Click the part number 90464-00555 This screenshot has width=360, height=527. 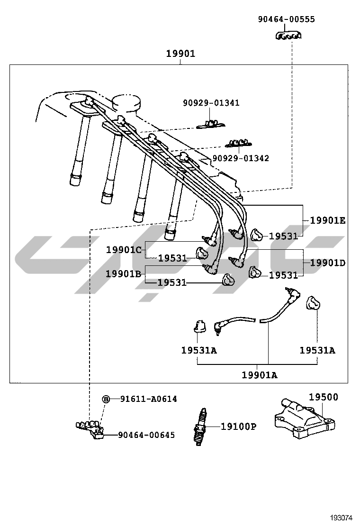pyautogui.click(x=286, y=19)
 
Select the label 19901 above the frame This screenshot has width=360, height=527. pyautogui.click(x=180, y=54)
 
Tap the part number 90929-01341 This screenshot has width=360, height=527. pyautogui.click(x=211, y=103)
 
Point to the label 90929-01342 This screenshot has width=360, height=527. pyautogui.click(x=241, y=158)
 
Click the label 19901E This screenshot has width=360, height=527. pyautogui.click(x=328, y=220)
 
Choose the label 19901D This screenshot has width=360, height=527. pyautogui.click(x=328, y=263)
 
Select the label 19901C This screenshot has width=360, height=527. pyautogui.click(x=124, y=249)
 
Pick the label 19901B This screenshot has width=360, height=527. pyautogui.click(x=124, y=273)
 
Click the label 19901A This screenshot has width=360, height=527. pyautogui.click(x=260, y=375)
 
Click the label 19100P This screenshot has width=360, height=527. pyautogui.click(x=238, y=427)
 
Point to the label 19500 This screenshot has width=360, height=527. pyautogui.click(x=324, y=397)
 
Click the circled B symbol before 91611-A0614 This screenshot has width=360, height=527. pyautogui.click(x=107, y=399)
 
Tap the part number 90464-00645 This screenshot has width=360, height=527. pyautogui.click(x=146, y=435)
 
